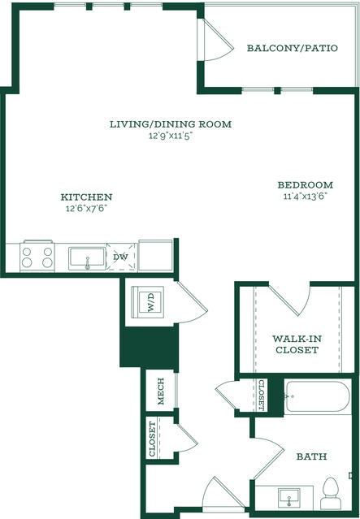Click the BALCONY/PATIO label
(292, 48)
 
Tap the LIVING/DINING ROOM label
(171, 124)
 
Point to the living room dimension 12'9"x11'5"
(171, 136)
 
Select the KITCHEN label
(86, 197)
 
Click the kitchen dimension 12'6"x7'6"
(87, 209)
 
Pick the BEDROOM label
(305, 184)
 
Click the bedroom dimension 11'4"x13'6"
(305, 197)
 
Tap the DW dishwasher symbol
(121, 257)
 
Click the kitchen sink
(87, 258)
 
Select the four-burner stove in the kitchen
(37, 257)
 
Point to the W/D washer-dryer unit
(148, 302)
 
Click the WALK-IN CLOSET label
(297, 344)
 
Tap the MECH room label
(161, 391)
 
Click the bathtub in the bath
(317, 396)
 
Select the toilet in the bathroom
(331, 493)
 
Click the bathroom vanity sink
(289, 497)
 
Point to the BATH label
(311, 456)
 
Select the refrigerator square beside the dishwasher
(155, 255)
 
